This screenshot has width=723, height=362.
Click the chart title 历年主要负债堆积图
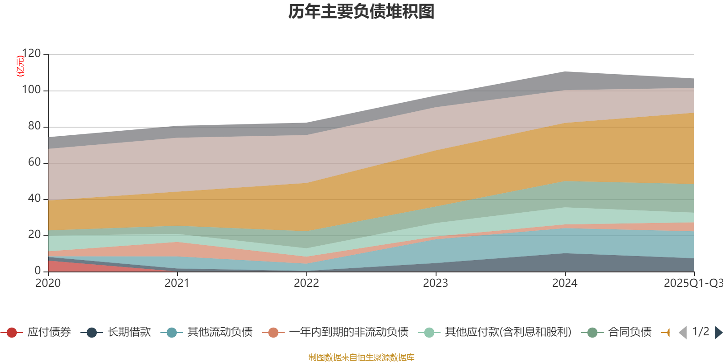(361, 12)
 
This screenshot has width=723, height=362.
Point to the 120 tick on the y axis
(31, 54)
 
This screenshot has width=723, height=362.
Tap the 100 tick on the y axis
(31, 90)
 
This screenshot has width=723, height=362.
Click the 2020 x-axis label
(48, 283)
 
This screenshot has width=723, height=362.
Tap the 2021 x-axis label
(177, 283)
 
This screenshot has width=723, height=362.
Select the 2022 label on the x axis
(306, 283)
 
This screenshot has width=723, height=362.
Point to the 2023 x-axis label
(436, 283)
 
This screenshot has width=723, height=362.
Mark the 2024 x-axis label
(565, 283)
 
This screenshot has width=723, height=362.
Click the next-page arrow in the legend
(718, 333)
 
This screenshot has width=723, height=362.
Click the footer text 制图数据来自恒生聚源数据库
(361, 357)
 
